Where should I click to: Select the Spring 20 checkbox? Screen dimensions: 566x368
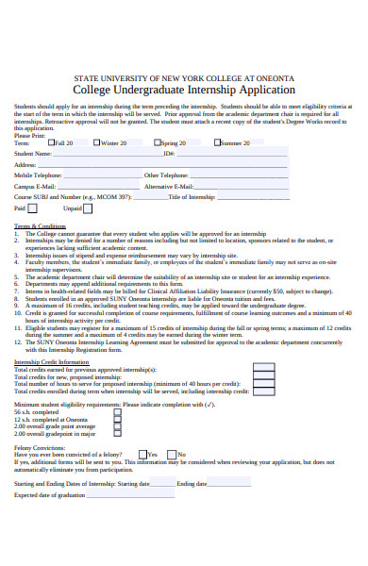click(x=159, y=142)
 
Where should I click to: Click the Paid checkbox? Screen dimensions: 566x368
click(x=33, y=208)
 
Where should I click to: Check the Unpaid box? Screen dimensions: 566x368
click(x=90, y=208)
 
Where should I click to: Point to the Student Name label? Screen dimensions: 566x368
click(x=32, y=153)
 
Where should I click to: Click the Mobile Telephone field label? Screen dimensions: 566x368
click(x=38, y=175)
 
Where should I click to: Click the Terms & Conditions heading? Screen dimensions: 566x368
click(x=40, y=227)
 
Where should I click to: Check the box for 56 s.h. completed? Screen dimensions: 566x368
click(x=117, y=412)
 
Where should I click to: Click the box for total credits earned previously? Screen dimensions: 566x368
click(x=264, y=369)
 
